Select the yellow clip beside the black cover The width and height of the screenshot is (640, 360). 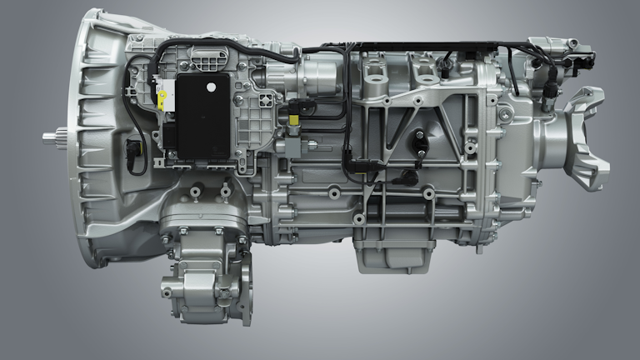coord(161,100)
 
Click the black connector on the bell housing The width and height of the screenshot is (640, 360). coord(132,152)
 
